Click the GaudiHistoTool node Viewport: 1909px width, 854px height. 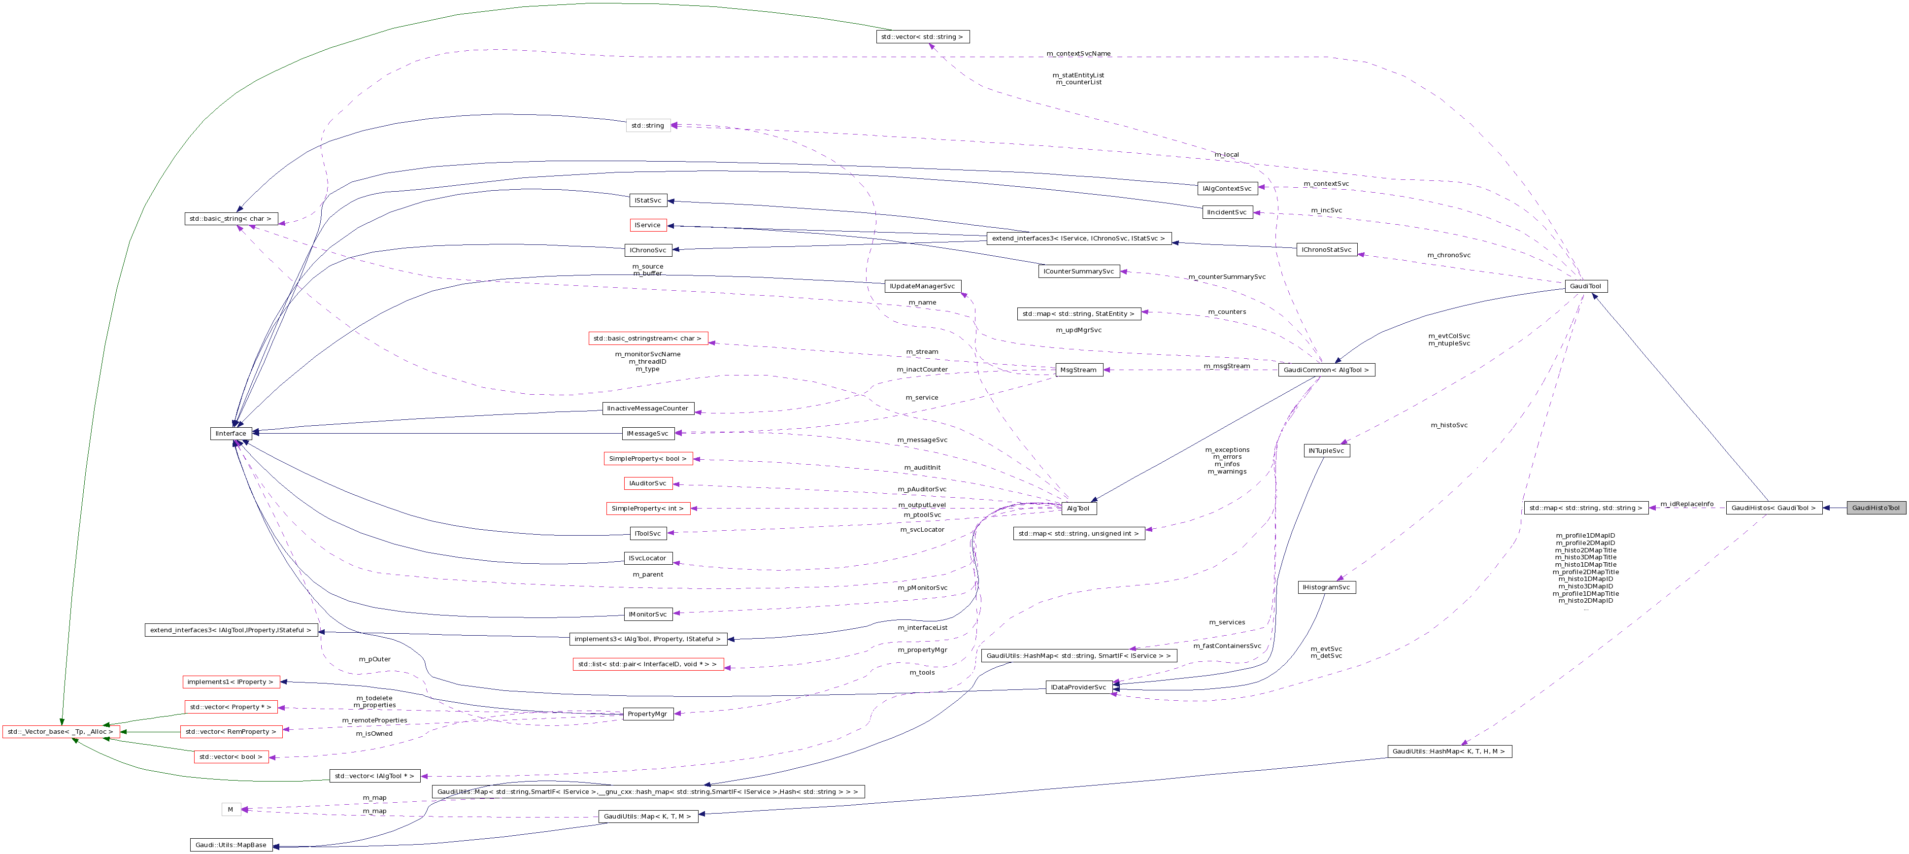(1876, 508)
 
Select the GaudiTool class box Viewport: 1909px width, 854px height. (1586, 286)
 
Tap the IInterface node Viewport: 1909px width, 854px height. (231, 434)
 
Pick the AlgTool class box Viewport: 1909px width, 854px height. (1078, 509)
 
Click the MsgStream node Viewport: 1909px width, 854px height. (1078, 370)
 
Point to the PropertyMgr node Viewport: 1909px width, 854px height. (648, 714)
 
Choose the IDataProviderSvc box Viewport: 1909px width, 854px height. (1078, 687)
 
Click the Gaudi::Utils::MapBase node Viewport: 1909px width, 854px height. (231, 845)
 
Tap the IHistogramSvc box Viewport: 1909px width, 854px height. (1327, 587)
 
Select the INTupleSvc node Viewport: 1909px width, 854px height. (1327, 451)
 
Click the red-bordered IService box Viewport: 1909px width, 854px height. (648, 225)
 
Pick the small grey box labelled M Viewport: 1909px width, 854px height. (231, 810)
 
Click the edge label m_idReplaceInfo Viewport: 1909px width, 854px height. (1687, 504)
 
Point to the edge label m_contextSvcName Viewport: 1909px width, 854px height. (1078, 53)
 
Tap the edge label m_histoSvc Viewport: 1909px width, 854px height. (1449, 425)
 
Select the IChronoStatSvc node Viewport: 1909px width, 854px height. (1327, 250)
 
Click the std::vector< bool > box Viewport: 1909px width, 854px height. (231, 757)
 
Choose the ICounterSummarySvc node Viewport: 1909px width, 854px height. (1078, 272)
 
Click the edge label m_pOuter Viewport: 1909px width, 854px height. (374, 659)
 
